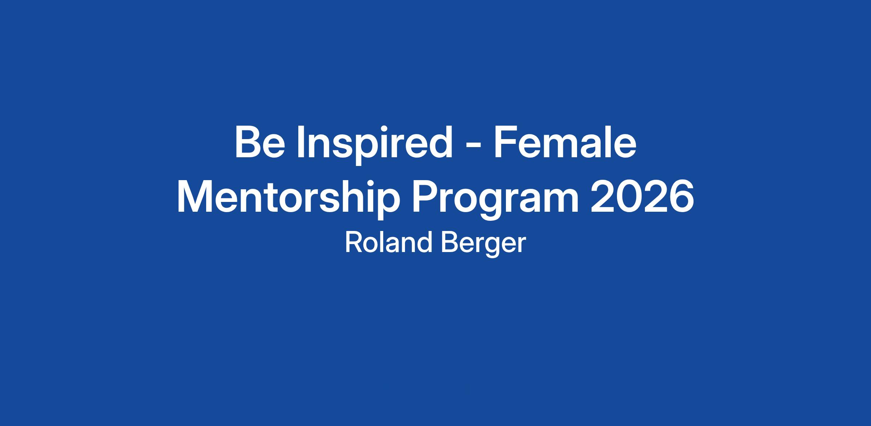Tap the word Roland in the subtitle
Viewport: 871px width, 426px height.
(x=388, y=243)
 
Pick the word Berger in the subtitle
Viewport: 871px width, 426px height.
(x=483, y=244)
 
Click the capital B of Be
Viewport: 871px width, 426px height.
(x=249, y=142)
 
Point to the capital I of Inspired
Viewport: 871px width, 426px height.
(x=300, y=142)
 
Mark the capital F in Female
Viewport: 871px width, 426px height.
(x=506, y=142)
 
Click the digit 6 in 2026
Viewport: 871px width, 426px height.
(x=681, y=197)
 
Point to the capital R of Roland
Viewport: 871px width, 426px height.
(x=353, y=243)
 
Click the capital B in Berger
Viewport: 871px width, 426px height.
(x=449, y=243)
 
